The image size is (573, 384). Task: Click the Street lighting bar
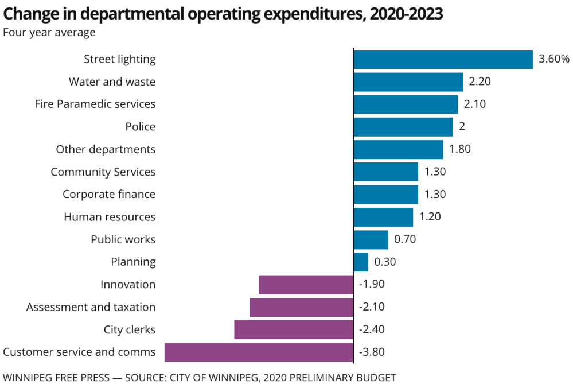click(x=443, y=59)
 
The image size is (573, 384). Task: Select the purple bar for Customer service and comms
click(x=259, y=352)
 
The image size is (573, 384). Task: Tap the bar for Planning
click(x=361, y=262)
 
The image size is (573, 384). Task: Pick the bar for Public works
click(x=371, y=240)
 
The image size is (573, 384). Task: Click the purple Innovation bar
click(x=306, y=285)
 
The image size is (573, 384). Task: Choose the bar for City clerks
click(x=294, y=329)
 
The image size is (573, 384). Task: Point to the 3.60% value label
click(x=554, y=59)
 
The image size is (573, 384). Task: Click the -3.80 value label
click(x=372, y=352)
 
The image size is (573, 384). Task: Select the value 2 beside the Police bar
click(x=462, y=127)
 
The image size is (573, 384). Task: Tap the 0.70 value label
click(x=405, y=240)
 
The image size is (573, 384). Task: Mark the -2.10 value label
click(x=372, y=307)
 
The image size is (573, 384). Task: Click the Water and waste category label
click(x=112, y=82)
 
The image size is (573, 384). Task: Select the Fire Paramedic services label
click(x=95, y=104)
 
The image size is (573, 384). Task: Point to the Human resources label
click(x=110, y=217)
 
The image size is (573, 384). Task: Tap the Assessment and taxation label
click(x=91, y=307)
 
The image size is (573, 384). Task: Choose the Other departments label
click(x=106, y=149)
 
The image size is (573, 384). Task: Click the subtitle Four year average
click(x=49, y=32)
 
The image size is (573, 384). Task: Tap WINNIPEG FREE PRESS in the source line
click(x=63, y=377)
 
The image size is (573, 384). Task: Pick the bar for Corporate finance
click(x=385, y=195)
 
